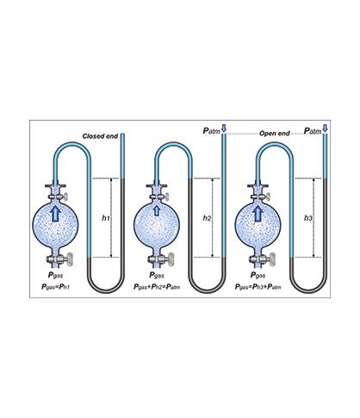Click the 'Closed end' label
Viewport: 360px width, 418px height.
click(100, 136)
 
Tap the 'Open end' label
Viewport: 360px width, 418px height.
click(275, 134)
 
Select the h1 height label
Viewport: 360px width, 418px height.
click(106, 218)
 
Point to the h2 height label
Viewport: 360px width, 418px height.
click(207, 218)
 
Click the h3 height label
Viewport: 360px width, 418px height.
click(308, 218)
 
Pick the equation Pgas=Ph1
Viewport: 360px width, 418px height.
click(56, 287)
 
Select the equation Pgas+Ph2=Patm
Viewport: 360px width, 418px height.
click(157, 287)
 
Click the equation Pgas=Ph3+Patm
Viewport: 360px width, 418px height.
click(258, 287)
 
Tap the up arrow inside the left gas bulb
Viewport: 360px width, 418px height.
click(55, 214)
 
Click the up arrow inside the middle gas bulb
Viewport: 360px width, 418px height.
click(157, 210)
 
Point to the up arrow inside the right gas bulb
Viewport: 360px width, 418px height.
click(258, 214)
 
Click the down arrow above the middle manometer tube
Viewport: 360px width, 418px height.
click(224, 128)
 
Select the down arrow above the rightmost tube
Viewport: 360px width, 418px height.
click(325, 128)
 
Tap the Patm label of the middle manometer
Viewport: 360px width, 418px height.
click(212, 131)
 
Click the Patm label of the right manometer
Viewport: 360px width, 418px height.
click(313, 131)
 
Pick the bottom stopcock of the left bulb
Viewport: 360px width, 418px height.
click(60, 259)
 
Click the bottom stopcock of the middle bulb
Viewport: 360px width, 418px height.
click(161, 259)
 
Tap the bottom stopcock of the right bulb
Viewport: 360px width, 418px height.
click(263, 259)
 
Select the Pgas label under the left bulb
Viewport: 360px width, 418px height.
click(55, 275)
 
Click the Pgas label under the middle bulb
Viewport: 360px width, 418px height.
click(157, 275)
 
